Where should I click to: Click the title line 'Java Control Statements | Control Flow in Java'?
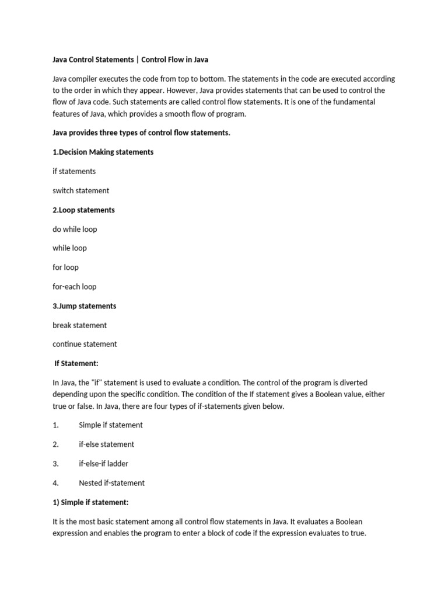point(130,60)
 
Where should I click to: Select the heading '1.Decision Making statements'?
point(103,152)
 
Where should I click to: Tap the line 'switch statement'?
point(80,190)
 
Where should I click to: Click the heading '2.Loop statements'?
point(83,210)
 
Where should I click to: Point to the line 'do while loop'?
point(75,229)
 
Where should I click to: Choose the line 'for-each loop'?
point(74,287)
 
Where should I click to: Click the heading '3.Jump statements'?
point(84,306)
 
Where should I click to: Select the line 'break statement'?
point(79,325)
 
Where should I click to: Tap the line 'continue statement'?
point(85,344)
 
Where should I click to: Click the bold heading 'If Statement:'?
point(76,363)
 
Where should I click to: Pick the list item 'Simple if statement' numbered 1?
point(111,425)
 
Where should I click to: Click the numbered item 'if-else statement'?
point(106,444)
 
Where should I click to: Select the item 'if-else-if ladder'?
point(103,464)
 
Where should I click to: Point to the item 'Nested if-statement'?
point(111,483)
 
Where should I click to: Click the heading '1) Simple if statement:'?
point(90,502)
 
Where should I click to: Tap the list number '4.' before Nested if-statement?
point(56,483)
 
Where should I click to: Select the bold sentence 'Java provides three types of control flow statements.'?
point(141,133)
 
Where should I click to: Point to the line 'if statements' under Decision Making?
point(74,171)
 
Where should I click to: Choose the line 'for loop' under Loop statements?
point(65,267)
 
